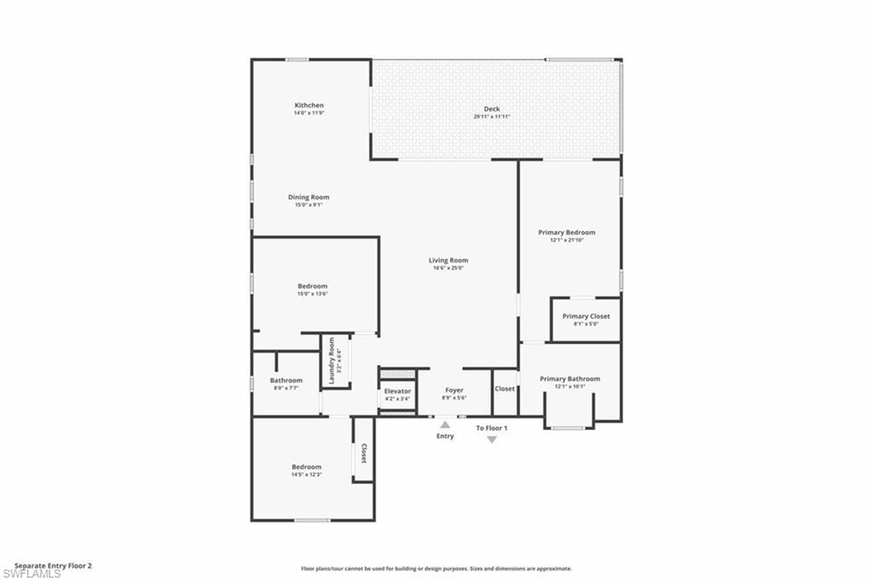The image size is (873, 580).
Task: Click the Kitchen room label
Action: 309,106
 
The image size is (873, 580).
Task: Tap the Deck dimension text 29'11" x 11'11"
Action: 492,117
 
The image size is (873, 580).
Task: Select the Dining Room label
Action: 308,197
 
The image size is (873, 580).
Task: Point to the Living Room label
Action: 448,261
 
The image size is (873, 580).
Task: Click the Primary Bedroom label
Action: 566,232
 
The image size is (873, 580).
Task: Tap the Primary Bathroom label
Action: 569,379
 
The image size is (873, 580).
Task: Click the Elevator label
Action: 397,391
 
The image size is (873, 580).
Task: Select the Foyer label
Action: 454,390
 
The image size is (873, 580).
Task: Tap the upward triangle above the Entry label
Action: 445,423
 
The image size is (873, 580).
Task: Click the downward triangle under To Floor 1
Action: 492,439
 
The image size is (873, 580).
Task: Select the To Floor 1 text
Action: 492,428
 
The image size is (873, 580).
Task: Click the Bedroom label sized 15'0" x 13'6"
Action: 312,286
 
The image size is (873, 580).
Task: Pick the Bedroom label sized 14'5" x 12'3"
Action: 306,467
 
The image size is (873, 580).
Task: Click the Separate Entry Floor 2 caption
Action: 53,565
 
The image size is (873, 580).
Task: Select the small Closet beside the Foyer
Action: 505,389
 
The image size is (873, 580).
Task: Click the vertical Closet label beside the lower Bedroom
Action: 364,454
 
